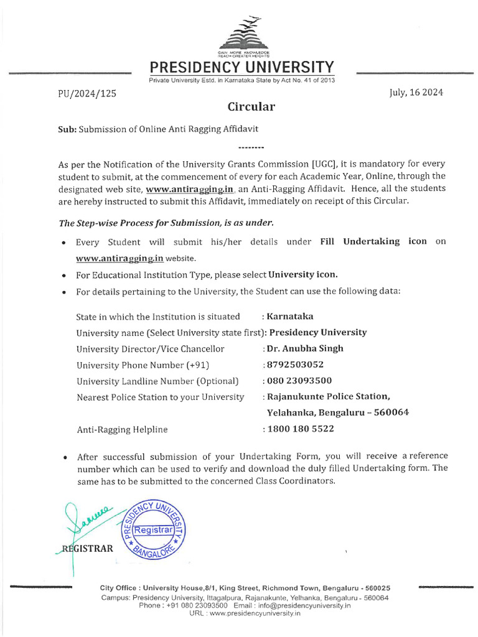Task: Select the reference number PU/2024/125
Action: [x=83, y=94]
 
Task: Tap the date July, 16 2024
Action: [x=416, y=93]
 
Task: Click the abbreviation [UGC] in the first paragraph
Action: [x=324, y=164]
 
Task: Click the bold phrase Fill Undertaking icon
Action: [x=373, y=241]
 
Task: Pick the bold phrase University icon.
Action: [x=303, y=274]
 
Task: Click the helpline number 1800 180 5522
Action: [x=299, y=429]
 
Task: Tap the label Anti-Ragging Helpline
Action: [x=122, y=429]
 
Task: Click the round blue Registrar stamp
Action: [x=156, y=529]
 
